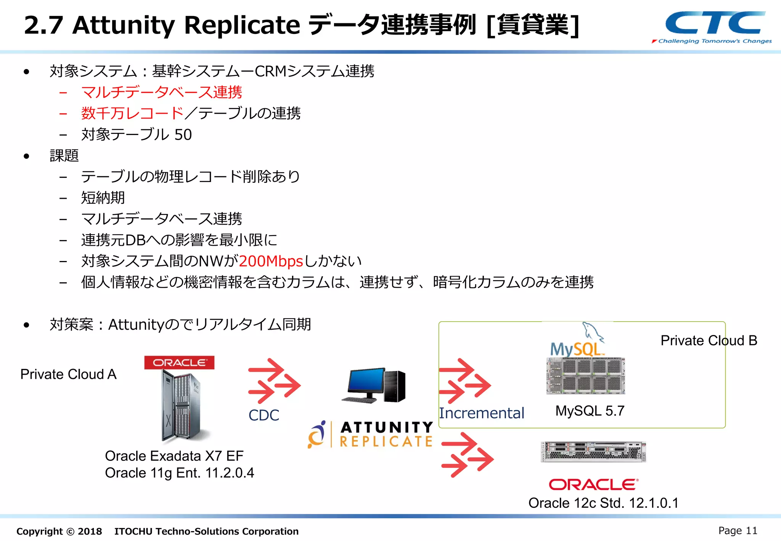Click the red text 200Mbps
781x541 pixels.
[271, 261]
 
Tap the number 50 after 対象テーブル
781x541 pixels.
[183, 135]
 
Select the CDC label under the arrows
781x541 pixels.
[264, 415]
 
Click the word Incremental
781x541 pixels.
[482, 413]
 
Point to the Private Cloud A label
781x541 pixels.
[68, 374]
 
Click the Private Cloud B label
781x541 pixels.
[709, 340]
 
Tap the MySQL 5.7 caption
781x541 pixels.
[590, 411]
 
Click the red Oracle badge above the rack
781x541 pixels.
[179, 362]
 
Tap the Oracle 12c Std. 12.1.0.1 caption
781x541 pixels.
[603, 503]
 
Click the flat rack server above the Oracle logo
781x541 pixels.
[593, 452]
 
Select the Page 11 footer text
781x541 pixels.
[738, 531]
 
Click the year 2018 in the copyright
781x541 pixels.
[90, 531]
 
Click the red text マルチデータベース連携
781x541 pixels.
[162, 92]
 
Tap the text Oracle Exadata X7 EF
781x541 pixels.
[174, 456]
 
